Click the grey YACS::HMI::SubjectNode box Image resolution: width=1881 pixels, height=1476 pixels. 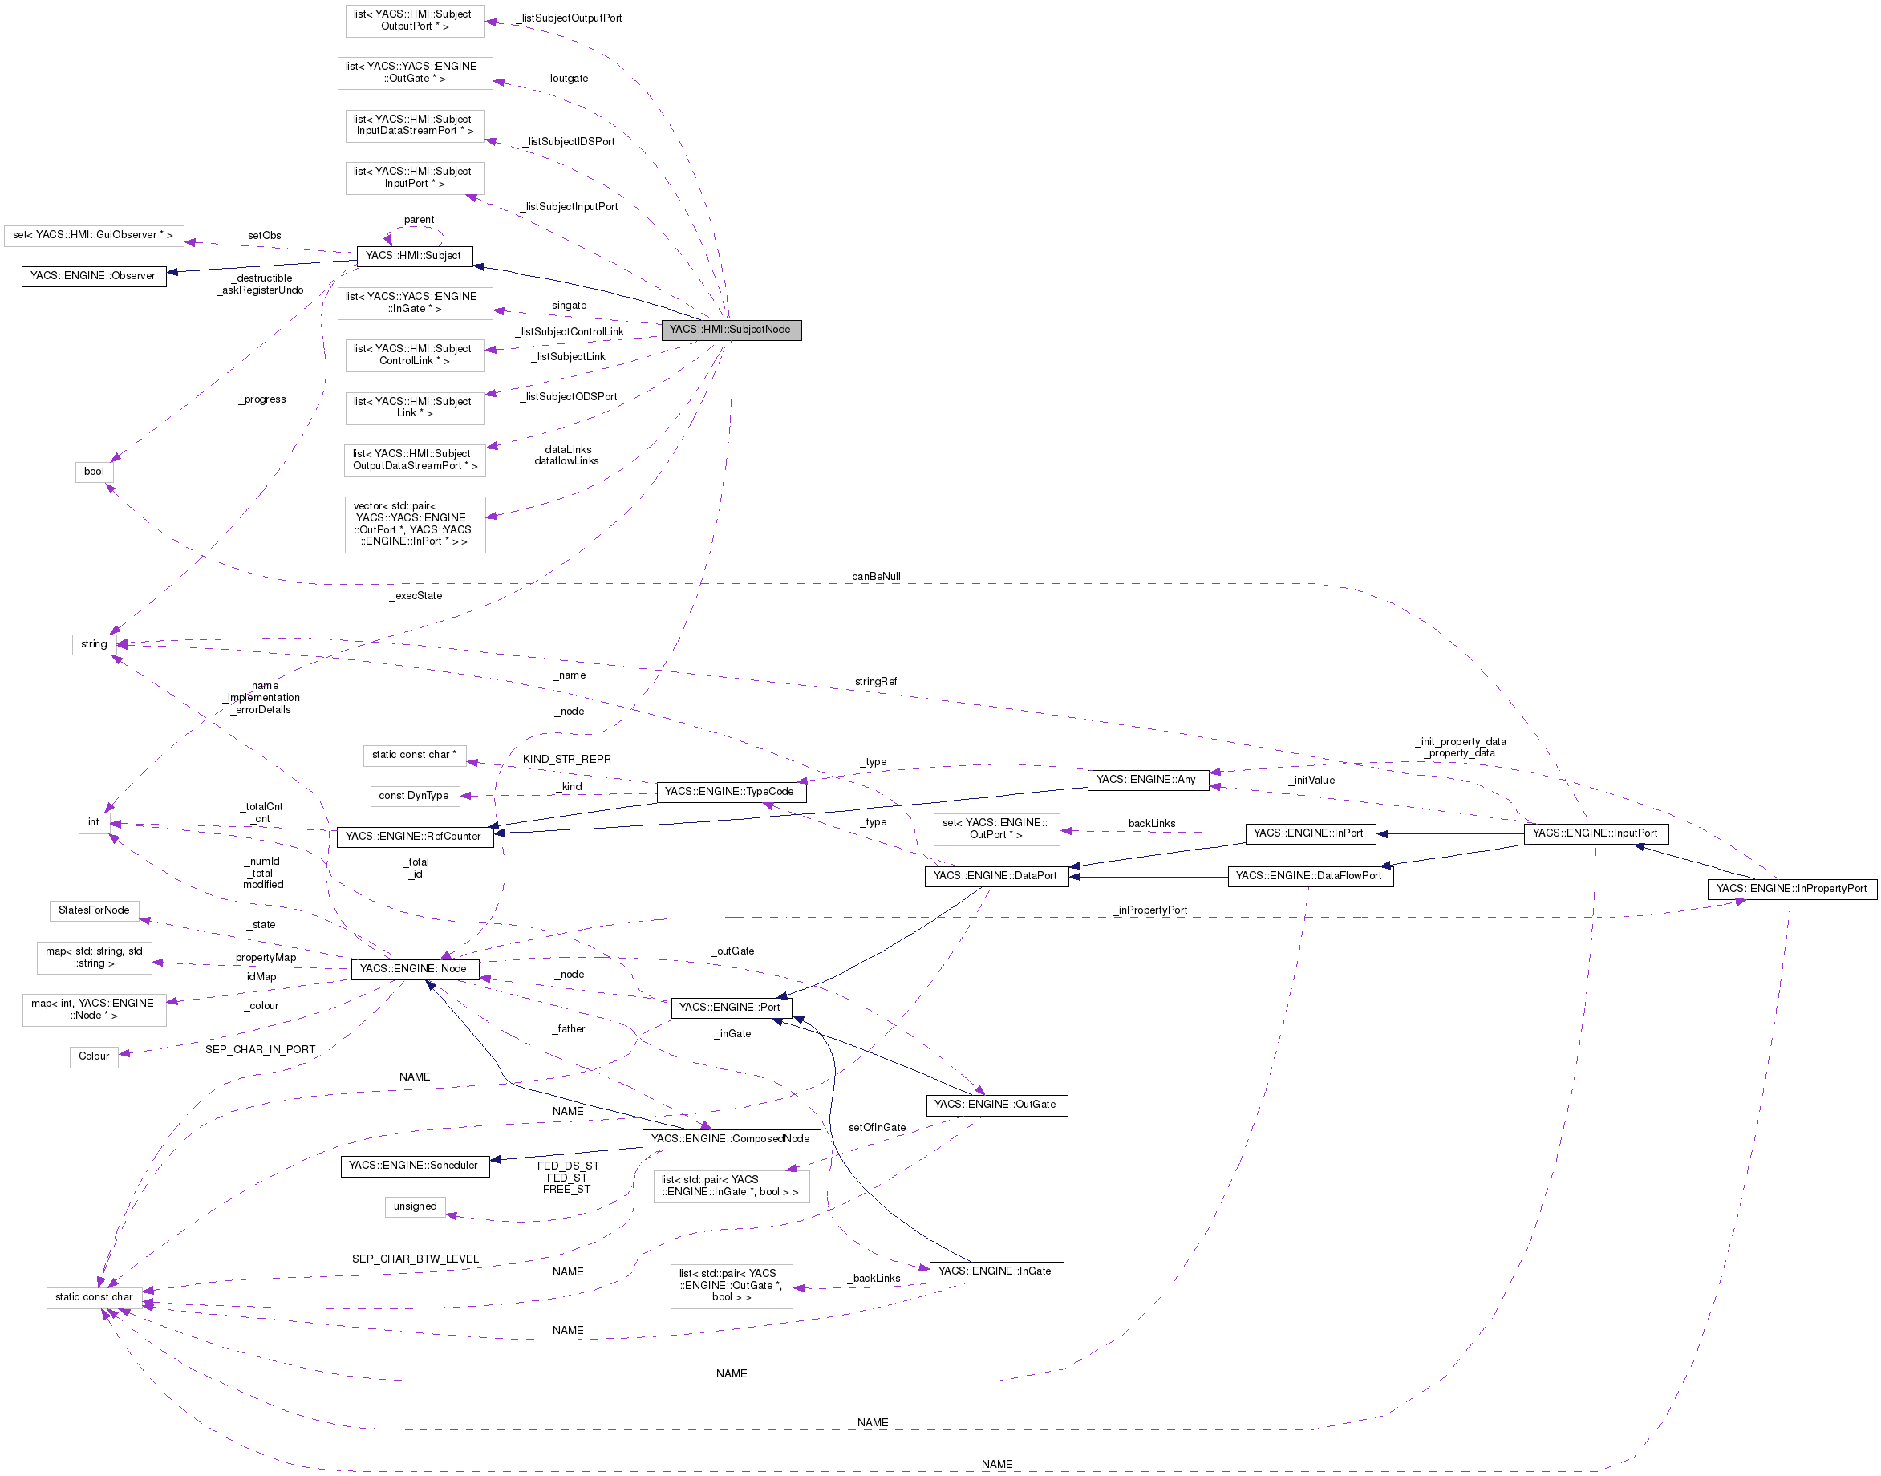(731, 329)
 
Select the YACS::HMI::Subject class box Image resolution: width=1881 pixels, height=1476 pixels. (414, 256)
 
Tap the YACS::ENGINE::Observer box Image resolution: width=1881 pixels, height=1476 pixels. (93, 276)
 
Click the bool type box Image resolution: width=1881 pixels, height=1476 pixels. (94, 472)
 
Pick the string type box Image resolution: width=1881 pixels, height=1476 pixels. (94, 644)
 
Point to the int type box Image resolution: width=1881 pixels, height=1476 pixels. (93, 821)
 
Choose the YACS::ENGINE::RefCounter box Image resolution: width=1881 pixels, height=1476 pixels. (414, 837)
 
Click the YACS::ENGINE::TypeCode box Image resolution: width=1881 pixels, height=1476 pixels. (730, 792)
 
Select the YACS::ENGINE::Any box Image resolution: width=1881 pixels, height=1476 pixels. (1146, 780)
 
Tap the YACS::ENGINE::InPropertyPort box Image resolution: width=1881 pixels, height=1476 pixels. (1791, 888)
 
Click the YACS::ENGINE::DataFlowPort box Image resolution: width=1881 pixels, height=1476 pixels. (1309, 876)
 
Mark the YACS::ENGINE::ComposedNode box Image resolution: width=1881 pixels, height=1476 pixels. (731, 1139)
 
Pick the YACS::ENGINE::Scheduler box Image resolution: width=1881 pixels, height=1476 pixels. (414, 1166)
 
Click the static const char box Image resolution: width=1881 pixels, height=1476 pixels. (94, 1297)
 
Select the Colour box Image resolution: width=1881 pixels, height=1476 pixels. (94, 1056)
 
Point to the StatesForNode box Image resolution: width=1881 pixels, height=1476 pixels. (94, 910)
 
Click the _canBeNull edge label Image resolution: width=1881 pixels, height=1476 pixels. (874, 577)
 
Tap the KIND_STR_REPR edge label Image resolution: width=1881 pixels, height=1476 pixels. (567, 760)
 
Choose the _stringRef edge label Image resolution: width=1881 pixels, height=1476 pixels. (874, 682)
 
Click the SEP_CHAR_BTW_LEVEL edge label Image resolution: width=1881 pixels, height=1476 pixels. (415, 1259)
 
